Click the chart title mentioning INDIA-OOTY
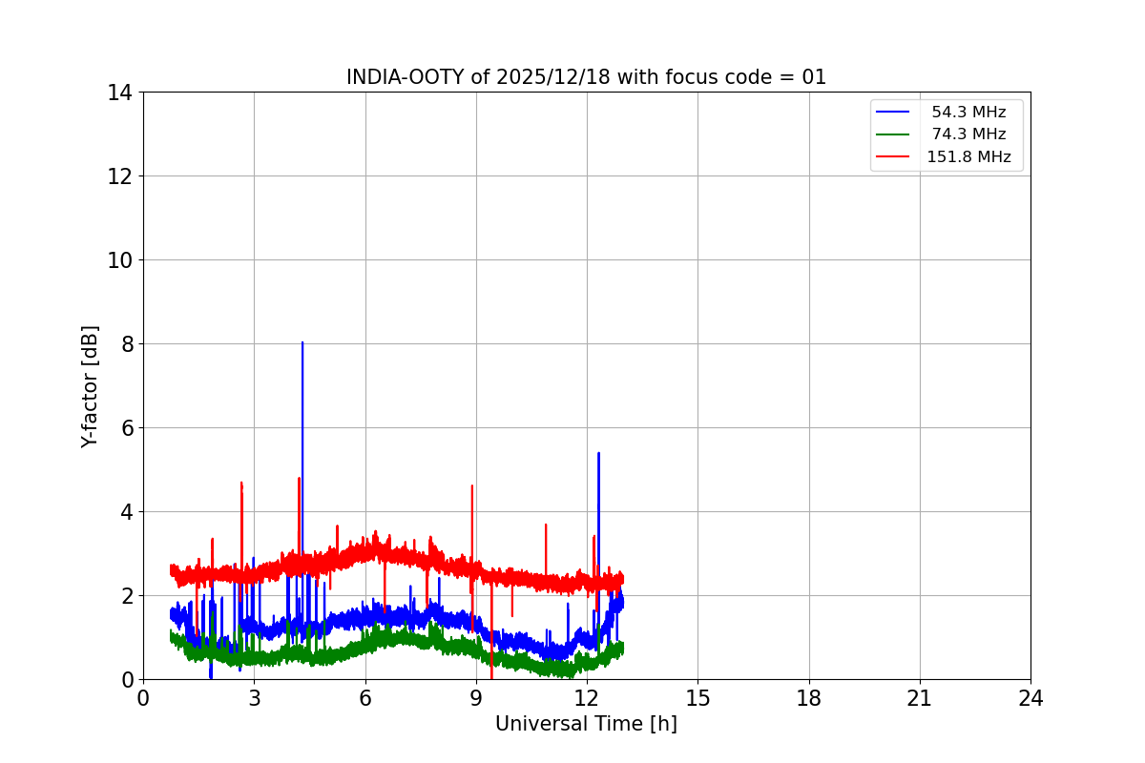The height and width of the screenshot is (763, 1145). [x=586, y=77]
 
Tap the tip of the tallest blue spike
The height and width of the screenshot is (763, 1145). [x=302, y=342]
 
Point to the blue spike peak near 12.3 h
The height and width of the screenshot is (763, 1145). [x=598, y=453]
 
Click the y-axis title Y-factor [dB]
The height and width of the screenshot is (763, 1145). [x=90, y=386]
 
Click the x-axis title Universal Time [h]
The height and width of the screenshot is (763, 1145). [x=586, y=724]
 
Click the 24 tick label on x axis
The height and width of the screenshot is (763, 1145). [x=1030, y=698]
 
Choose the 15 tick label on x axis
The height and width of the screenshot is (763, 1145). [x=697, y=698]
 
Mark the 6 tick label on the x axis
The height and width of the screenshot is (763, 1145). [x=365, y=698]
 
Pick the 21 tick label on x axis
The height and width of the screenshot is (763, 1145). [x=920, y=698]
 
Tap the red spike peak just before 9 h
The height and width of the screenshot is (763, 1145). [x=471, y=486]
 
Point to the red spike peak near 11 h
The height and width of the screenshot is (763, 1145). [x=546, y=525]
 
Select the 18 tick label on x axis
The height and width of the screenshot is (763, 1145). [x=809, y=698]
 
